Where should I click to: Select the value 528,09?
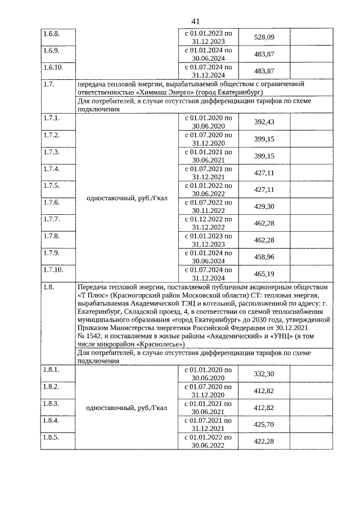point(264,37)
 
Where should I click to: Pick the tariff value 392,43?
point(264,122)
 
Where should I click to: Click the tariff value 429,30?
point(264,206)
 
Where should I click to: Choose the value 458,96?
point(264,257)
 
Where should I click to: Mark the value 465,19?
point(264,274)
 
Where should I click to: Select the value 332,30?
point(264,374)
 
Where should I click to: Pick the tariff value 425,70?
point(264,425)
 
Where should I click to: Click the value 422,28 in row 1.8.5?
point(264,442)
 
